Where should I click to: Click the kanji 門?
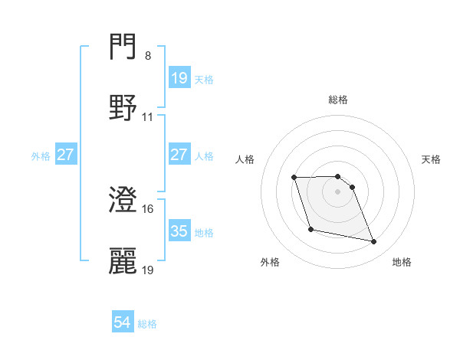point(123,48)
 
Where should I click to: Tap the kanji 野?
point(123,108)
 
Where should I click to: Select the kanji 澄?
point(123,200)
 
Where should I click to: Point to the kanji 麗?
point(123,260)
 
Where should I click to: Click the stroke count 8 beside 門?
point(148,56)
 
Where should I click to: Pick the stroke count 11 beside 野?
point(148,117)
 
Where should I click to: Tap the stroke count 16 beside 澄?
point(148,208)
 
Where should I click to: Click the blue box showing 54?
point(123,323)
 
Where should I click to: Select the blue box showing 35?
point(179,231)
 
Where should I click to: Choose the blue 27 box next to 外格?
point(65,155)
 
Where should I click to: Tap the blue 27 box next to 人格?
point(179,155)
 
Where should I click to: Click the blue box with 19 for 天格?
point(179,78)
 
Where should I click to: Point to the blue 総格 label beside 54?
point(147,324)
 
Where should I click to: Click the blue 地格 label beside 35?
point(204,232)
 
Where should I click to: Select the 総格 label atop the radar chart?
point(338,100)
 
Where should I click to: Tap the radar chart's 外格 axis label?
point(271,262)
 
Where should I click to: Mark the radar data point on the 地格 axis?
point(373,242)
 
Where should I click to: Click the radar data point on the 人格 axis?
point(294,178)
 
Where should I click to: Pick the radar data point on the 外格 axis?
point(310,229)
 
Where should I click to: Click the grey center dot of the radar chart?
point(338,191)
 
